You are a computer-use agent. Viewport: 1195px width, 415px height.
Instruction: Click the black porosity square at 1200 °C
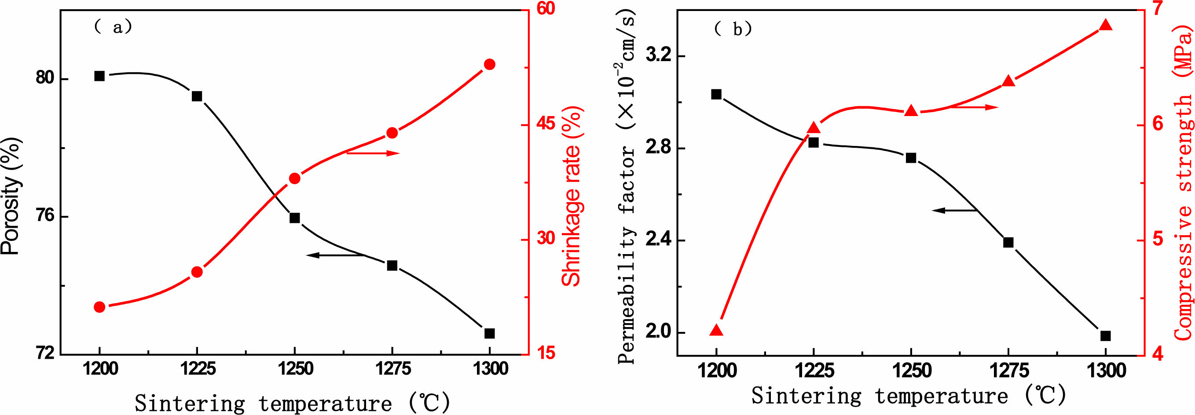[x=99, y=76]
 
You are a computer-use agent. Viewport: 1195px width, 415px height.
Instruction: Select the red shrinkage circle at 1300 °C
[x=489, y=65]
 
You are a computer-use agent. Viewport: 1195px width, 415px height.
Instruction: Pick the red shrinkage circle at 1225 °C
[x=197, y=272]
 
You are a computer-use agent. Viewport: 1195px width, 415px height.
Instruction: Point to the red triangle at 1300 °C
[x=1106, y=25]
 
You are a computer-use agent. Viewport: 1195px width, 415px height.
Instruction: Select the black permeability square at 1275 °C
[x=1008, y=243]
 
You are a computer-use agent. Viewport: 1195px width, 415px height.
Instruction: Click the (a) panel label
[x=113, y=27]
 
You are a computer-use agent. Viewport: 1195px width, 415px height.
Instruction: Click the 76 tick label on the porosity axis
[x=45, y=217]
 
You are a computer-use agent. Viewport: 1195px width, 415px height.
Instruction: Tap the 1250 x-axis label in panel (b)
[x=911, y=371]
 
